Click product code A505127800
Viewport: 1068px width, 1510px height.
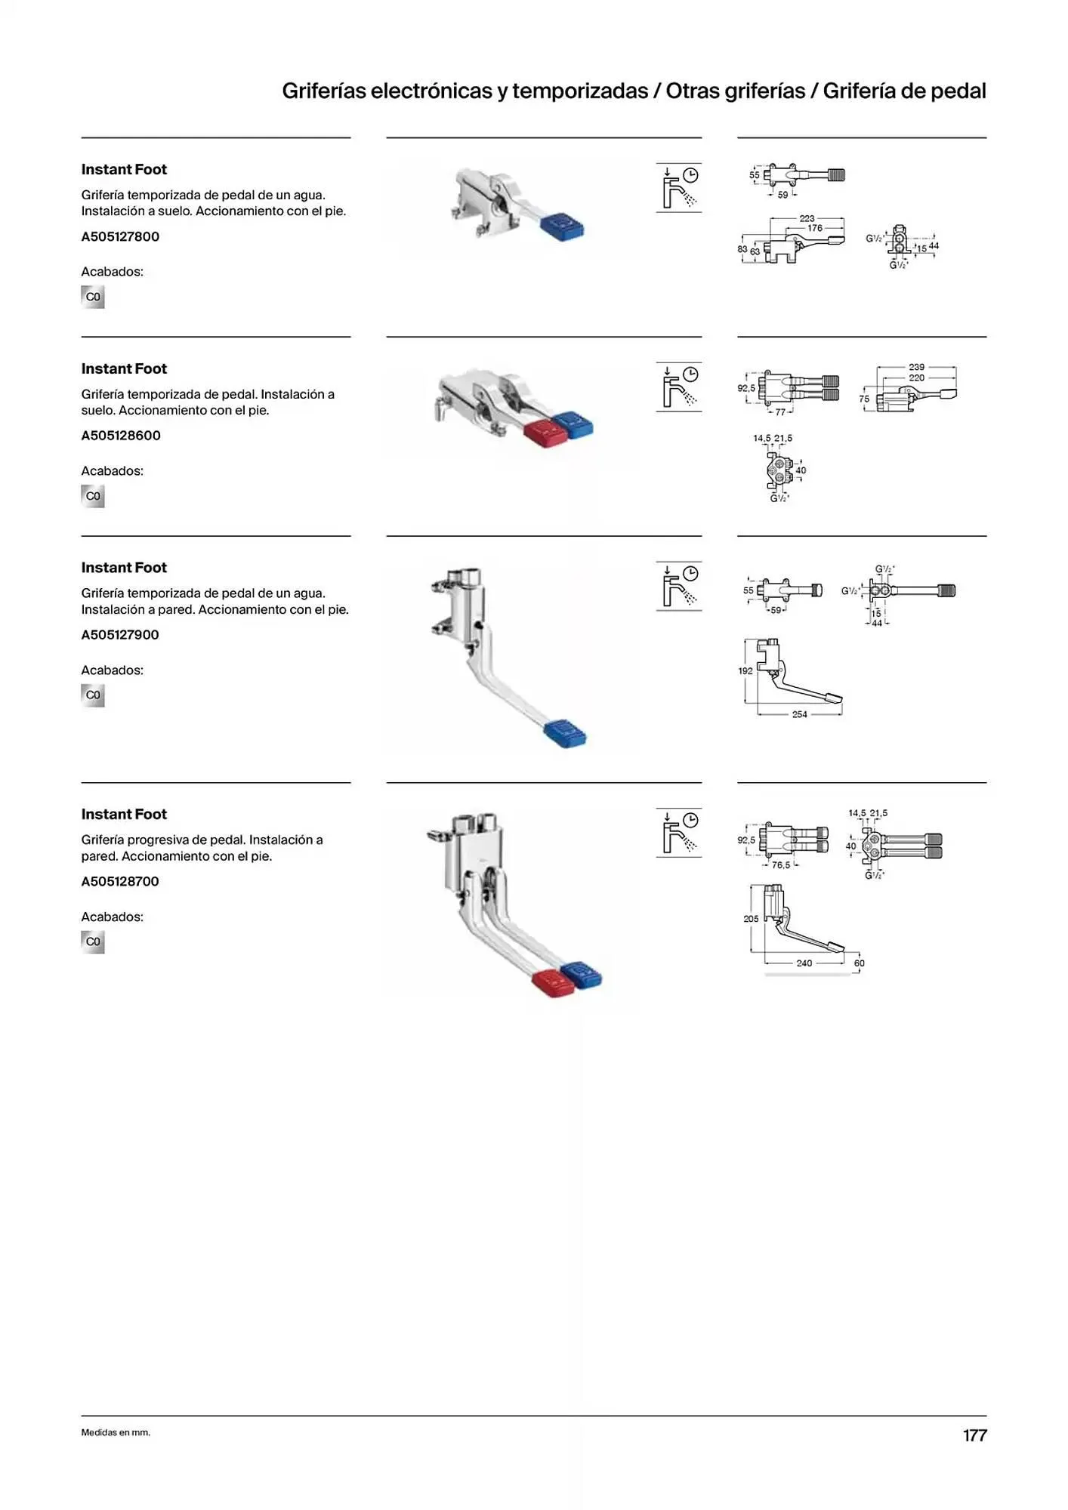coord(120,236)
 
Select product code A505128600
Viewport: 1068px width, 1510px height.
coord(121,436)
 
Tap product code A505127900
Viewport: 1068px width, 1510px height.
coord(120,635)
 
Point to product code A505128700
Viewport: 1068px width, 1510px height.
coord(120,881)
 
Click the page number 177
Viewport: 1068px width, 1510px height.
coord(974,1435)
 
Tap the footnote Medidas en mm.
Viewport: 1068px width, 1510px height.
coord(116,1432)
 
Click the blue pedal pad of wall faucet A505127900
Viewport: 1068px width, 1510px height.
coord(565,732)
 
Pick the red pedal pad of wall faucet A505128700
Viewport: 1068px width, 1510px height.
coord(554,982)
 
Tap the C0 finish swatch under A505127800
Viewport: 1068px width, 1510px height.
coord(93,297)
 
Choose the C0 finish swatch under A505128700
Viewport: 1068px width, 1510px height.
coord(93,941)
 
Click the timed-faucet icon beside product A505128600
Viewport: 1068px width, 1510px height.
coord(679,387)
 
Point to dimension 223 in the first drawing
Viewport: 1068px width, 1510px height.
coord(807,218)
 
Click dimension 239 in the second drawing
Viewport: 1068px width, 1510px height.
coord(916,367)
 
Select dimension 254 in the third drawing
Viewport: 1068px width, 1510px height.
coord(799,714)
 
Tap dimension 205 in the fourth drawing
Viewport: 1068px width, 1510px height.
coord(751,919)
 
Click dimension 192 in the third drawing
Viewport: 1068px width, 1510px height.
coord(745,670)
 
